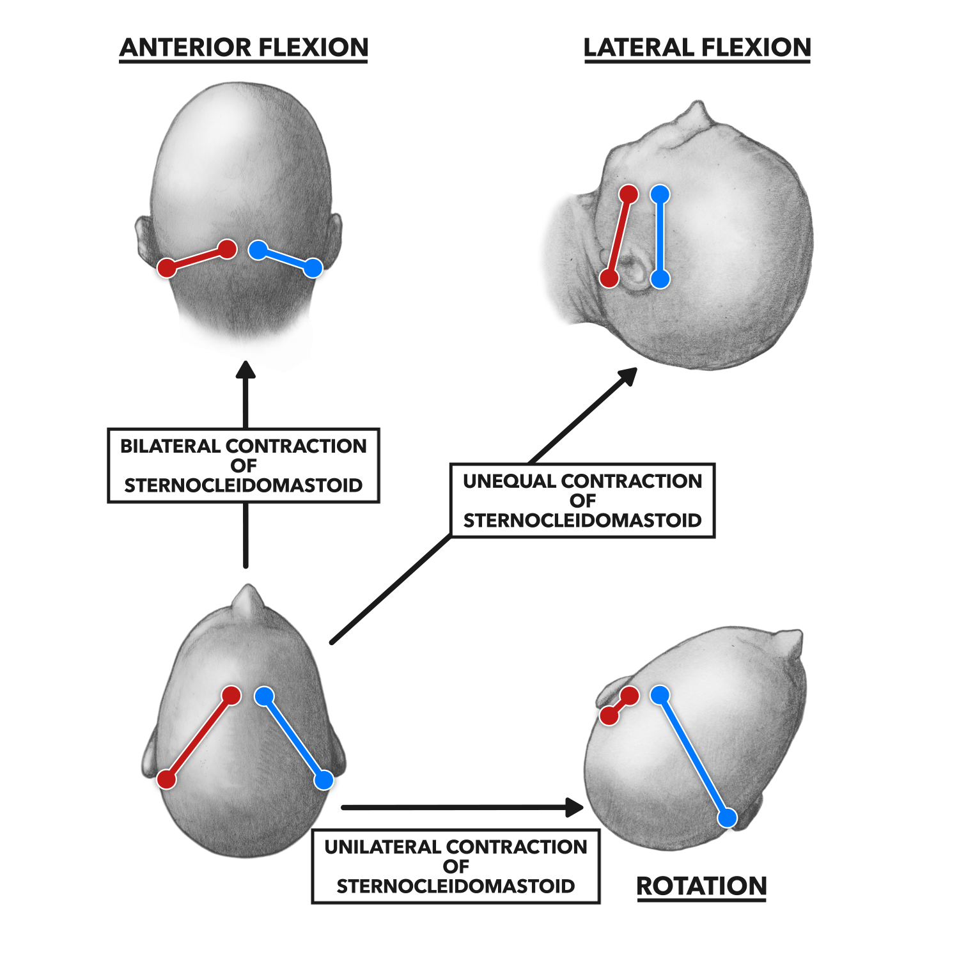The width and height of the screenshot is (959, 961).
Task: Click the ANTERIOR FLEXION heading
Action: point(244,48)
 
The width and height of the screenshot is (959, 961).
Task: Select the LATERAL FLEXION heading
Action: point(697,48)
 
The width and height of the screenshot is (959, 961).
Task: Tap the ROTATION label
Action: point(701,886)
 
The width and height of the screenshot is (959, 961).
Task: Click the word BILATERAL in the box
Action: point(171,446)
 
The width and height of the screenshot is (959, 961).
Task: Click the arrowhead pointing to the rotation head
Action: point(575,808)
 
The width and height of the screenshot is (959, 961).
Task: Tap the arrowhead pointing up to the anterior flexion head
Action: point(246,371)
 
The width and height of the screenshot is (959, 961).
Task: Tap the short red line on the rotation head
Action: point(620,706)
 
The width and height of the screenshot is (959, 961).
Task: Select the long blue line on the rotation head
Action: point(694,757)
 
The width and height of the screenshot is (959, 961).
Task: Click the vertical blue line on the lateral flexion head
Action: point(660,237)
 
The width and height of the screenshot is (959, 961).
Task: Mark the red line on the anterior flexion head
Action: point(197,258)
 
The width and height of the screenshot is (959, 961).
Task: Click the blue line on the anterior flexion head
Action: point(285,259)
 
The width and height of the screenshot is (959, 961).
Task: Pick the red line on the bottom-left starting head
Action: point(199,738)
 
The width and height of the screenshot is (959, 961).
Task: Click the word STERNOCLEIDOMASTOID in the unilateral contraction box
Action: point(455,886)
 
